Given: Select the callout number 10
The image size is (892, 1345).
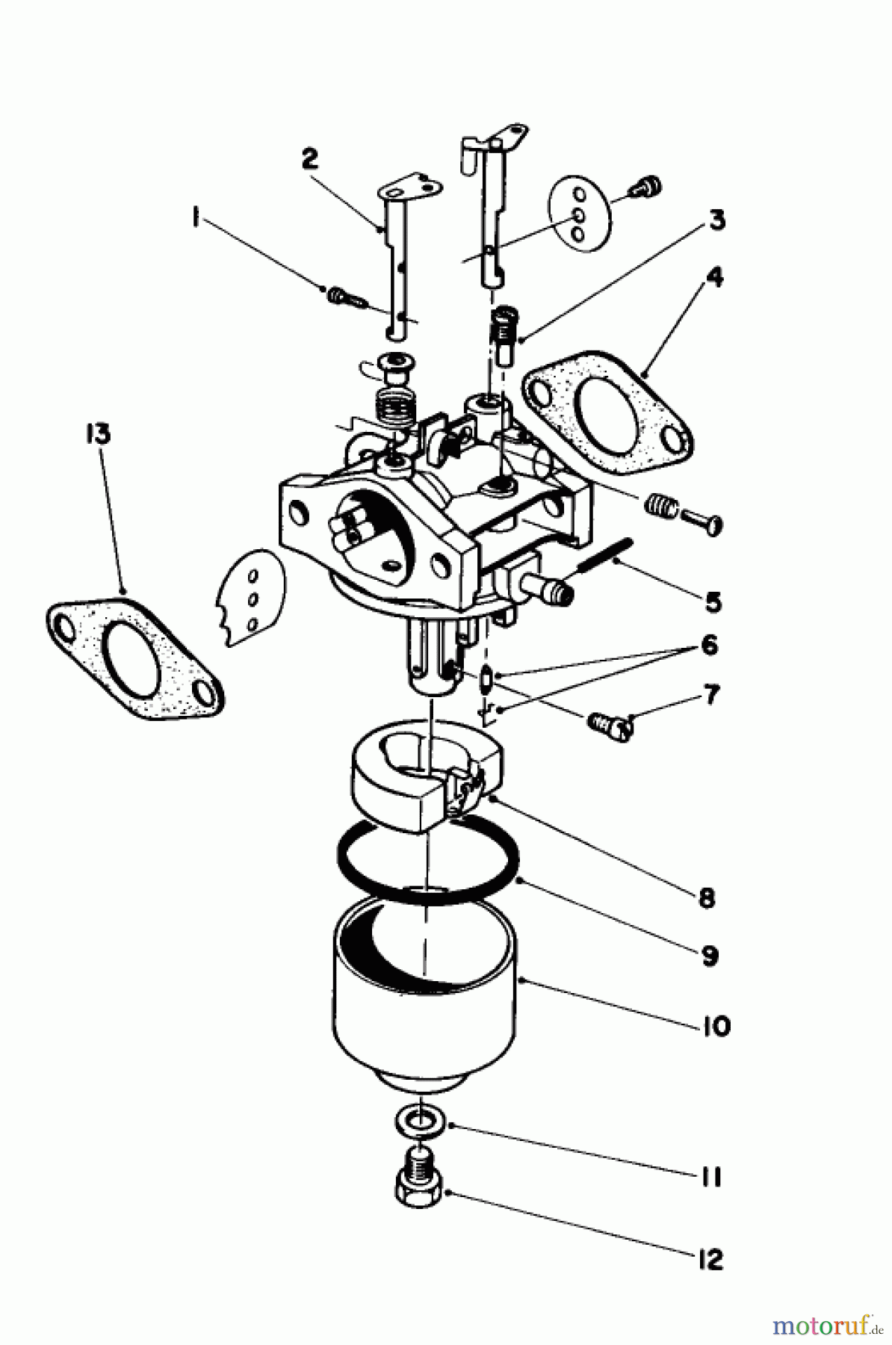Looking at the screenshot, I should [715, 1026].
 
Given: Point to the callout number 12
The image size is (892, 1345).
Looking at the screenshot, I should [710, 1259].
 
